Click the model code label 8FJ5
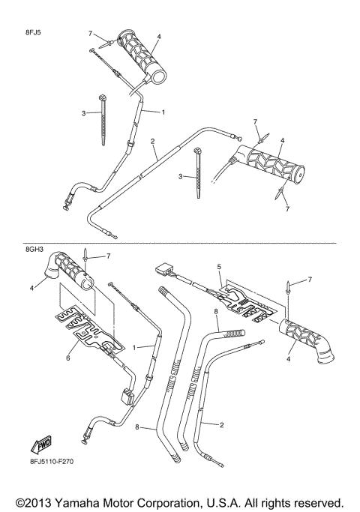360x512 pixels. pyautogui.click(x=34, y=34)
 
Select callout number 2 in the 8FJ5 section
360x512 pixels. pyautogui.click(x=153, y=141)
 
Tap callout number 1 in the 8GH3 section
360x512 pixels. pyautogui.click(x=136, y=347)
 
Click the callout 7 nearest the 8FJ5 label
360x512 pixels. pyautogui.click(x=91, y=34)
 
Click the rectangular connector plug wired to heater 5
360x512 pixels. pyautogui.click(x=164, y=269)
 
